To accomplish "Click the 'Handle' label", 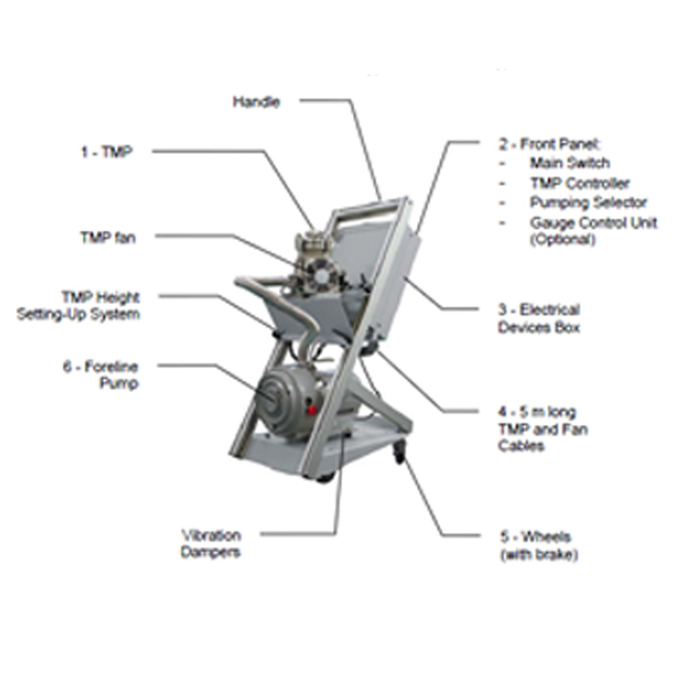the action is (257, 102).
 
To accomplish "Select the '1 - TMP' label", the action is (107, 152).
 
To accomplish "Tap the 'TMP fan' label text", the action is (108, 237).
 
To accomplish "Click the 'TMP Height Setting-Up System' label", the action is (78, 306).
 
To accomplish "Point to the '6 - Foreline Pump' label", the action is (101, 375).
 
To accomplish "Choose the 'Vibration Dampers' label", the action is (211, 544).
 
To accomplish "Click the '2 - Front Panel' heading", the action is (550, 144).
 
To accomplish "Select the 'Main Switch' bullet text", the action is (569, 163).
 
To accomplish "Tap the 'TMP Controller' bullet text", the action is (580, 184).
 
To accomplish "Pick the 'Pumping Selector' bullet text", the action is (588, 202).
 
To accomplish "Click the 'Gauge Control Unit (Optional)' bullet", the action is (593, 231).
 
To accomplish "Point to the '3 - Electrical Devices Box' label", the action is (539, 318).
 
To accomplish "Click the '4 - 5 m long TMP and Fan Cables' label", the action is (543, 429).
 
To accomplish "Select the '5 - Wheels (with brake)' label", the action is (539, 546).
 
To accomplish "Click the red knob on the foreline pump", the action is (312, 410).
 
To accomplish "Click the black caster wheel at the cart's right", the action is (400, 454).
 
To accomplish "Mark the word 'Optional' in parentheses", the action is (562, 239).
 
